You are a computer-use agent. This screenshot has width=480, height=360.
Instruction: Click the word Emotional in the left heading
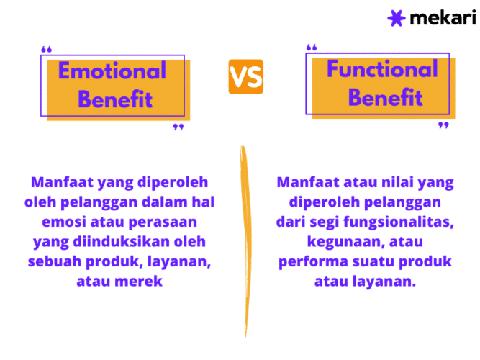pos(112,71)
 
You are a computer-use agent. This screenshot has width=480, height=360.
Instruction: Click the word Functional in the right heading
pos(381,69)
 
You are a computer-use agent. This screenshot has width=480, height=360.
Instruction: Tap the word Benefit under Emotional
pos(115,99)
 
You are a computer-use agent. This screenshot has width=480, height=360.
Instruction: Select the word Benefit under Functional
pos(385,96)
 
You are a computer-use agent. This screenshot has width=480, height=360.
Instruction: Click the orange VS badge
pos(245,77)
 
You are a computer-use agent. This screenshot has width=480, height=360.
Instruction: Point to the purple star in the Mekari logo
pos(397,18)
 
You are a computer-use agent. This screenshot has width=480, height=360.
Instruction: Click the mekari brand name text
pos(443,18)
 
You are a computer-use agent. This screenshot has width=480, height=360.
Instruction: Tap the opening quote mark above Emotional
pos(47,50)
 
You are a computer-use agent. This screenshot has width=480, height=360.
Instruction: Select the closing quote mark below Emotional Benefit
pos(178,127)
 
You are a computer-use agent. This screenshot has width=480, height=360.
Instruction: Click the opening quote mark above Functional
pos(312,48)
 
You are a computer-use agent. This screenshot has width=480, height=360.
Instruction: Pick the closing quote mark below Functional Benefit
pos(443,125)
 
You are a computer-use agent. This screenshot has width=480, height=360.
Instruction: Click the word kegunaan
pos(338,241)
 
